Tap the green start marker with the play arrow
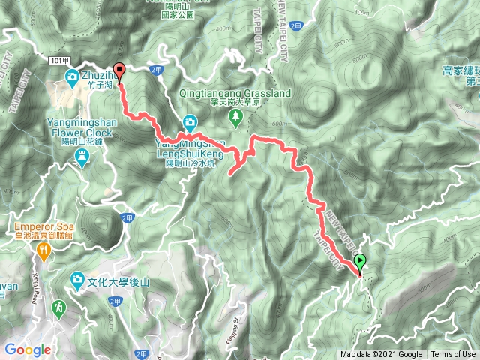[361, 263]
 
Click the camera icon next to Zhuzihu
[72, 76]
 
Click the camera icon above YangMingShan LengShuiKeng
[190, 122]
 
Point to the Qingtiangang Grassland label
[235, 94]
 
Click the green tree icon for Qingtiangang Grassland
[235, 116]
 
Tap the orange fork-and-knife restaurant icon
[43, 254]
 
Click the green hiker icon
[58, 307]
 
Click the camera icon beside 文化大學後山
[77, 280]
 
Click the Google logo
[28, 349]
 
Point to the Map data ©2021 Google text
[382, 355]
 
